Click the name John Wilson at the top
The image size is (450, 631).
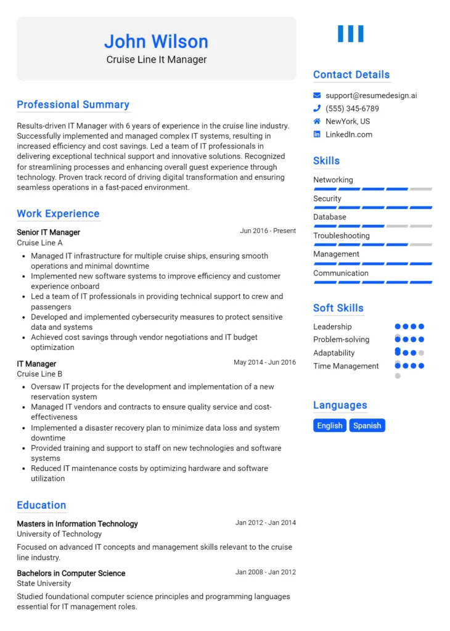[156, 41]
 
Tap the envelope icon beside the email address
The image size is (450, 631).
[317, 96]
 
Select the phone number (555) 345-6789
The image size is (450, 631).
[352, 108]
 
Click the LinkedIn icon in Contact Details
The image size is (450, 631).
[317, 134]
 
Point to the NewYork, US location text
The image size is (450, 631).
[348, 121]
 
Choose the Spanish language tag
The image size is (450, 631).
[367, 425]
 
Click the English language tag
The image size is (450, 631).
[330, 425]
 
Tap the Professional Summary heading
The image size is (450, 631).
[73, 105]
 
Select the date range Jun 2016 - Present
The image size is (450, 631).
[268, 230]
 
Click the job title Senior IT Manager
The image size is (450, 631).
[48, 232]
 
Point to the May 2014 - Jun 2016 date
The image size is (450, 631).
[264, 362]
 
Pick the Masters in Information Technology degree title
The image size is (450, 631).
[77, 524]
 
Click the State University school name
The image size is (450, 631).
[44, 584]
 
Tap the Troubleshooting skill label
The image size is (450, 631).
[342, 235]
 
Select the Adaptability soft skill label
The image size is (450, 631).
[333, 353]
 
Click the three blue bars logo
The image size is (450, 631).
[351, 34]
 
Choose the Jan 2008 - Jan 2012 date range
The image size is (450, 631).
[265, 572]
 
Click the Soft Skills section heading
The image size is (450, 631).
[338, 308]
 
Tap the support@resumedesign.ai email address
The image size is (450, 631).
[371, 96]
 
